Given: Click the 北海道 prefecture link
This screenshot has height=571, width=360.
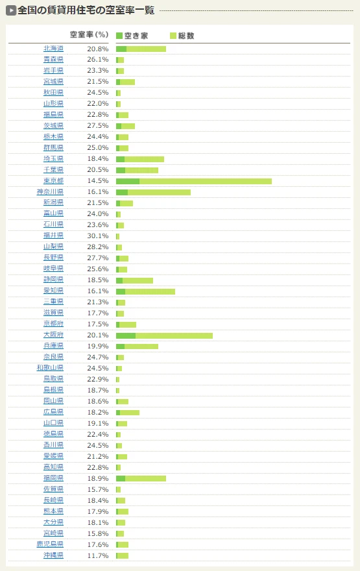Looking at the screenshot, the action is coord(53,49).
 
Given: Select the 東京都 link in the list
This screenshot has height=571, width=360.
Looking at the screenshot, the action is coord(53,180).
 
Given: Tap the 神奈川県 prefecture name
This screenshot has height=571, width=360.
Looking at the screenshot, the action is coord(50,191).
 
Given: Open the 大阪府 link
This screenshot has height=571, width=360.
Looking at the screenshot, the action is coord(53,335).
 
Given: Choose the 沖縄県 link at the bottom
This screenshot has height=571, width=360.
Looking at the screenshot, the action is coord(53,555).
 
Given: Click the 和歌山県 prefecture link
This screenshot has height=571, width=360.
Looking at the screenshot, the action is coord(50,368).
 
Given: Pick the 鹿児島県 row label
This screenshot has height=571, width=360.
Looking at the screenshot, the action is coord(50,544).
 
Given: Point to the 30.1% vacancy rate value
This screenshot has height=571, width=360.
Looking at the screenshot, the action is coord(98,236).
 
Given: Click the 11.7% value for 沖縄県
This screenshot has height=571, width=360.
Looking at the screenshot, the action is coord(98,555).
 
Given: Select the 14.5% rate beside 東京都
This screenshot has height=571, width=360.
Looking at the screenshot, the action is coord(98,181).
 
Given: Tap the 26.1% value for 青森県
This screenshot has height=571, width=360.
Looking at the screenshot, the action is coord(98,59).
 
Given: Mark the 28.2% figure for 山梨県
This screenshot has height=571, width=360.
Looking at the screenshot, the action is coord(98,247).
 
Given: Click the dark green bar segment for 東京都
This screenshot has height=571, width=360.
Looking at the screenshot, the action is coord(128,181).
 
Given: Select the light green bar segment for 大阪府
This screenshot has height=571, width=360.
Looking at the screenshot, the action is coord(174,335).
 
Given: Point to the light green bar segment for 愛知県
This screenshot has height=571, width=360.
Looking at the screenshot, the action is coord(150,292).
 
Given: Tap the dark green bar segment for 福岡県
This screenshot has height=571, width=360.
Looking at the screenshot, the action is coord(121,478).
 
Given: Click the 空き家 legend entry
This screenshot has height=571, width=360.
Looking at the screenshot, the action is coord(132,36).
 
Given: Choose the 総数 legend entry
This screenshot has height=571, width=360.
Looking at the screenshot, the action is coord(182,36).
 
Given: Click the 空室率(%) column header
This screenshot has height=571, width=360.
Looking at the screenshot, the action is coord(89,34).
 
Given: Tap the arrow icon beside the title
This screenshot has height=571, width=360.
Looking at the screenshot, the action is coord(11,10).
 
